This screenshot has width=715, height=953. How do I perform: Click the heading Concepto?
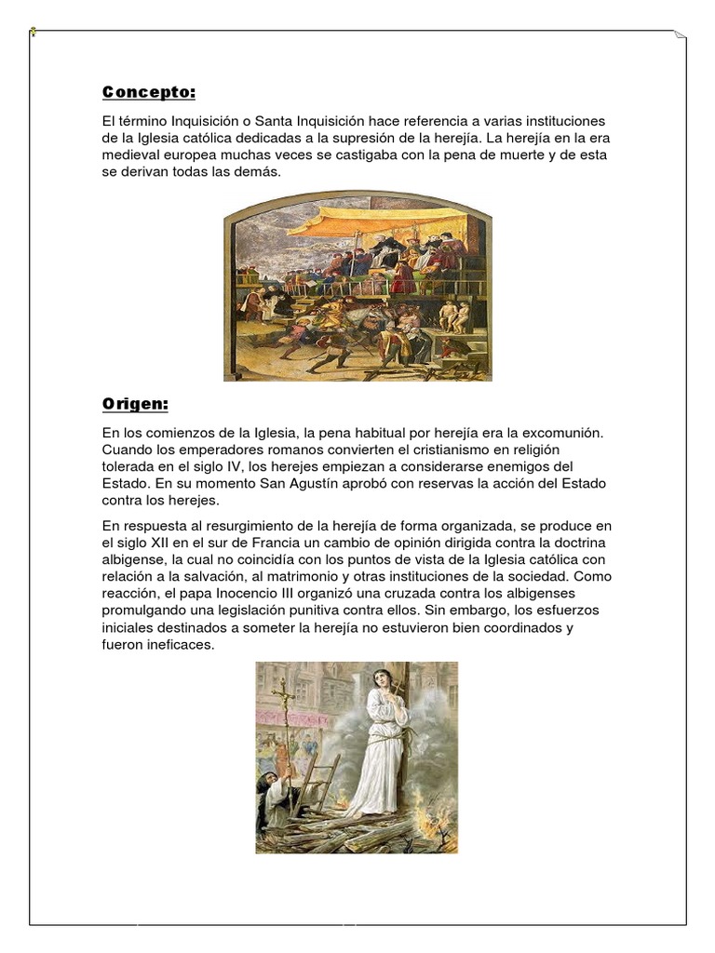149,92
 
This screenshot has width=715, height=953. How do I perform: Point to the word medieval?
132,155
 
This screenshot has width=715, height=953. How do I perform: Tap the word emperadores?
215,450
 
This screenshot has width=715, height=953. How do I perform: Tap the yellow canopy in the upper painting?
372,221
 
